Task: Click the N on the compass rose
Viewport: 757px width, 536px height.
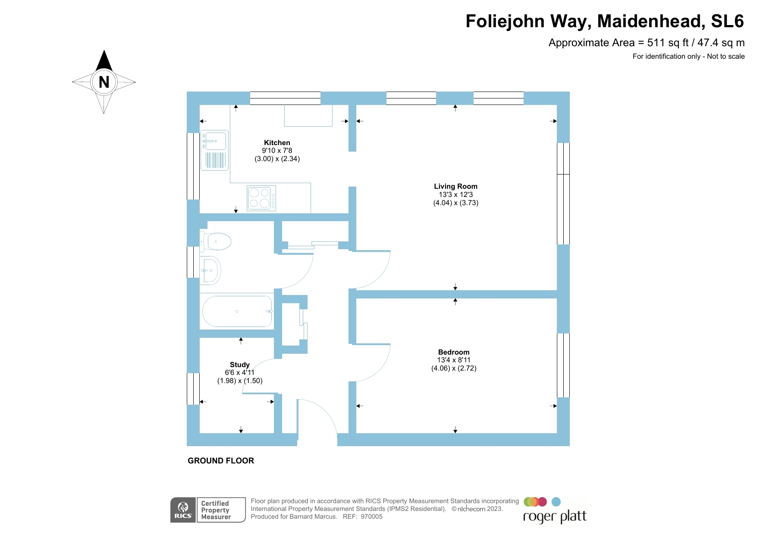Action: pyautogui.click(x=104, y=82)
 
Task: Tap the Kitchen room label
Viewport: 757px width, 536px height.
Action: pyautogui.click(x=277, y=143)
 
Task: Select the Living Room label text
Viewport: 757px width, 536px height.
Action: pyautogui.click(x=455, y=186)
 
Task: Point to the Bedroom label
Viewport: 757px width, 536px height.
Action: pyautogui.click(x=454, y=352)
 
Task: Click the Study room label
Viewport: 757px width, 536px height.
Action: pyautogui.click(x=240, y=365)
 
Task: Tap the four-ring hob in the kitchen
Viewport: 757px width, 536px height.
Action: pyautogui.click(x=261, y=198)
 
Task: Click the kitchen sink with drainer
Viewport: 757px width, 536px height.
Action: pyautogui.click(x=215, y=150)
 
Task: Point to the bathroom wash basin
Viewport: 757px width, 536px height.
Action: pyautogui.click(x=210, y=270)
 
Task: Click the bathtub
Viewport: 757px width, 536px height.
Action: pyautogui.click(x=237, y=311)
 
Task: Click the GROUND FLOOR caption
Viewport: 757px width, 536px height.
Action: pyautogui.click(x=221, y=460)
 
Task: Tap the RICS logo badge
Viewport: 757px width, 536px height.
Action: pyautogui.click(x=183, y=510)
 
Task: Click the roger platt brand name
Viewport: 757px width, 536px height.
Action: pyautogui.click(x=555, y=517)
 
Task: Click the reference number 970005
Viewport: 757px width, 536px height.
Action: pyautogui.click(x=371, y=517)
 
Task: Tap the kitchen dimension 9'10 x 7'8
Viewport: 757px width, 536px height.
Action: pyautogui.click(x=277, y=150)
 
